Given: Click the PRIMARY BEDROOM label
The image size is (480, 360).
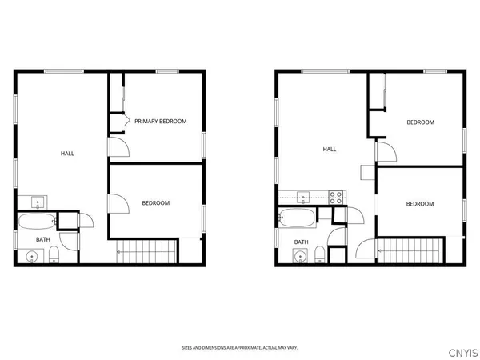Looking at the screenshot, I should (x=161, y=122).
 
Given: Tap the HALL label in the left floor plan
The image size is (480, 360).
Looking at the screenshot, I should (x=68, y=153).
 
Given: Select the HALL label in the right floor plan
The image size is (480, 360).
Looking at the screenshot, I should (x=329, y=149).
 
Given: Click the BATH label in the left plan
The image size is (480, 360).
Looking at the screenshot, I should (x=42, y=238).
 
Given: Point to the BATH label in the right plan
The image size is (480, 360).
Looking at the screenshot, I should (x=302, y=242).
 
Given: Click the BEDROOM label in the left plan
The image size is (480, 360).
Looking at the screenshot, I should (x=156, y=203).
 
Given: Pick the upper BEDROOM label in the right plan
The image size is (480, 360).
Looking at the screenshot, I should (x=420, y=122).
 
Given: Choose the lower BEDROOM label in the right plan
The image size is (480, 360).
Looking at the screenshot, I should (x=420, y=204).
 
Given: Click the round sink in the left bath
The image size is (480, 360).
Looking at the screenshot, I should (x=32, y=257).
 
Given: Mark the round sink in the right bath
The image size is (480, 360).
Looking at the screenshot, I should (x=299, y=257).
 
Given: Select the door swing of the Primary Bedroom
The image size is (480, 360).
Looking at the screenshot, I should (x=118, y=147).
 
